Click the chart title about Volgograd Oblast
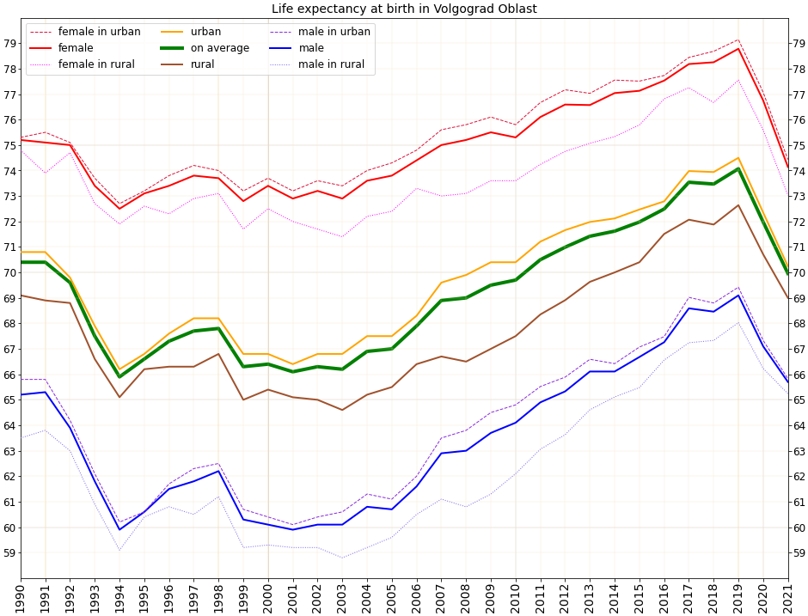tap(404, 9)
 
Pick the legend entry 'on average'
tap(220, 48)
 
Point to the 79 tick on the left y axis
tap(9, 44)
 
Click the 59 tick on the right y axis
tap(799, 553)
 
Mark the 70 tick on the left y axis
tap(9, 273)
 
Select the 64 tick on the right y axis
tap(799, 425)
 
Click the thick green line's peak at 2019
tap(738, 168)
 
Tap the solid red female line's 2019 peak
tap(738, 48)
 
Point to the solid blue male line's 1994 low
tap(119, 530)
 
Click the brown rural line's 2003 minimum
tap(342, 410)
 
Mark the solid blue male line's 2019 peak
tap(738, 296)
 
